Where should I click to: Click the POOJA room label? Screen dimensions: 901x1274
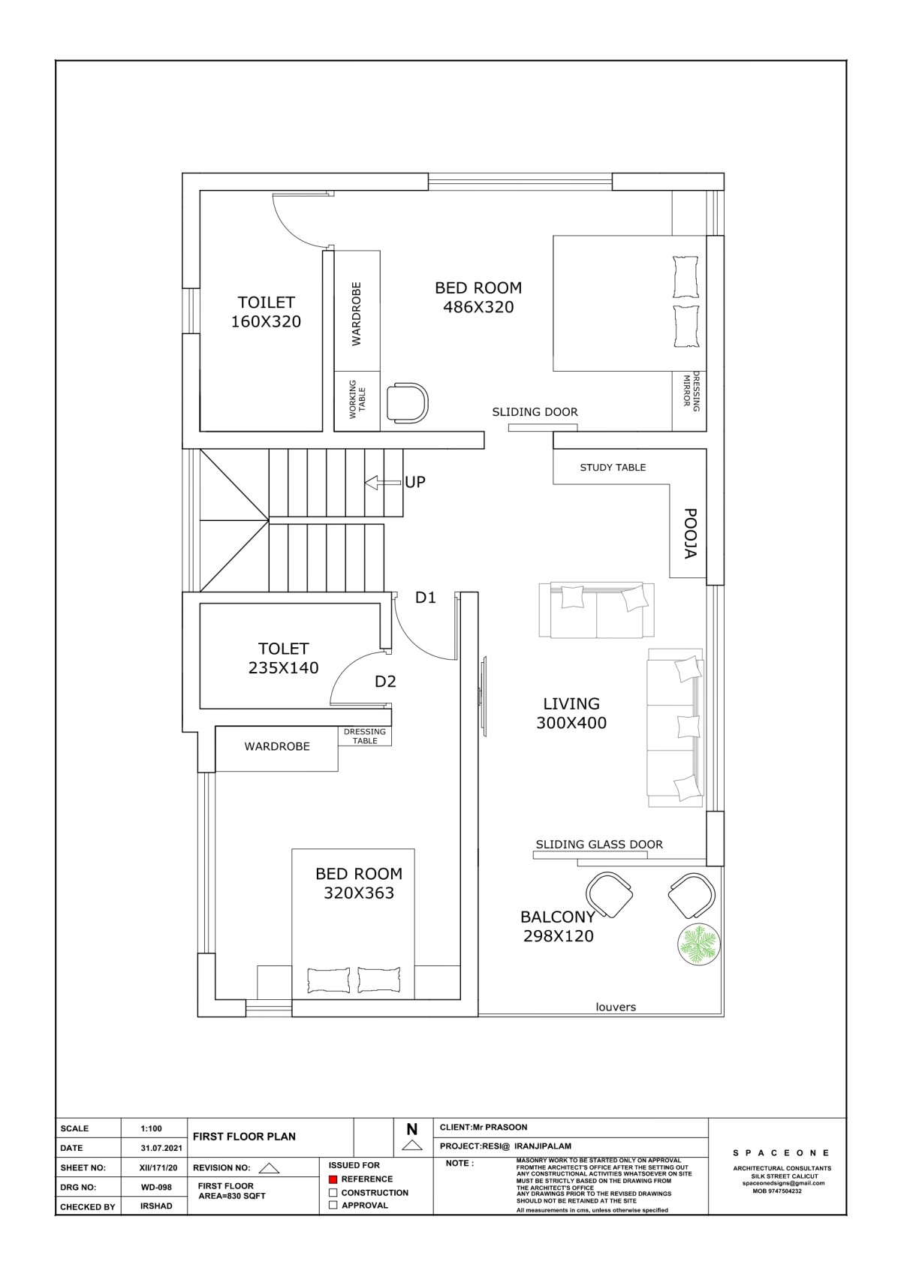tap(690, 534)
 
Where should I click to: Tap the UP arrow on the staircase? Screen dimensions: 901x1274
tap(383, 483)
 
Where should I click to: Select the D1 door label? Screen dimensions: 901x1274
tap(426, 597)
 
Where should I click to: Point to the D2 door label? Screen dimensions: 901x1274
tap(385, 681)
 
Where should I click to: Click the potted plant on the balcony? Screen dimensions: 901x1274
tap(699, 944)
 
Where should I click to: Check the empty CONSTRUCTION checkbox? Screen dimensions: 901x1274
tap(333, 1192)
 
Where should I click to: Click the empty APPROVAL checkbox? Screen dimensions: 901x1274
tap(333, 1205)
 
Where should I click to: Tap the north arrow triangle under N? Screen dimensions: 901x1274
tap(411, 1146)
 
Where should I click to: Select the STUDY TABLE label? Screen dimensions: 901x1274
tap(613, 468)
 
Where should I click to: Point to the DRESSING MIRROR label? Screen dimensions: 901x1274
tap(691, 392)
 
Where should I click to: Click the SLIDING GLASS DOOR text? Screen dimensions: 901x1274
tap(599, 844)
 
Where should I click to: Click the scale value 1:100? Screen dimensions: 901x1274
tap(152, 1128)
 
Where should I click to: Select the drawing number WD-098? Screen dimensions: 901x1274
tap(156, 1187)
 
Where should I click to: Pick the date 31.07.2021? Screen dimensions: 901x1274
tap(161, 1148)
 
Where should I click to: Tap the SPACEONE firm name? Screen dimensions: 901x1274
tap(781, 1153)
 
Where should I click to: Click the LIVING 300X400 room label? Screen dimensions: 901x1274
tap(571, 713)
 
